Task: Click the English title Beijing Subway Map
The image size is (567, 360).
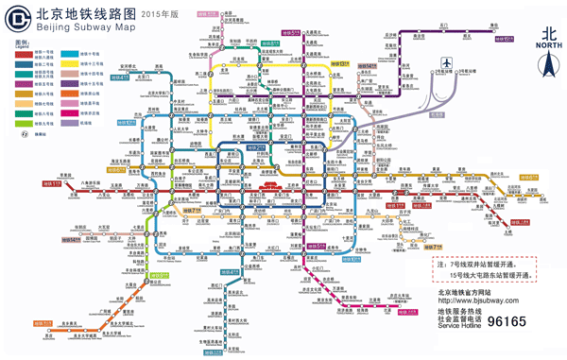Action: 76,29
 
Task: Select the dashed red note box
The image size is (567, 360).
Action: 480,267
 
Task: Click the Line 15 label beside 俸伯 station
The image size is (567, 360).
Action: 502,39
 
